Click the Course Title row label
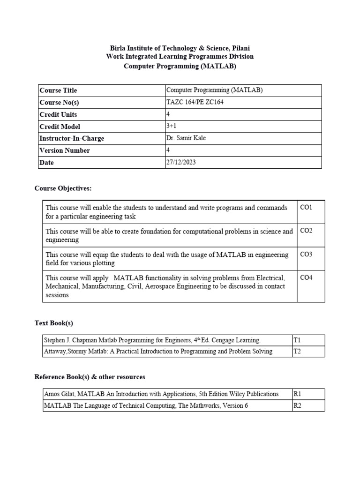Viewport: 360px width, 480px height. pyautogui.click(x=58, y=90)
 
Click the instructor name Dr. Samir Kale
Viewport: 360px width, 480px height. pyautogui.click(x=186, y=138)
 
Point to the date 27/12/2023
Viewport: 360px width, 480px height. pyautogui.click(x=182, y=163)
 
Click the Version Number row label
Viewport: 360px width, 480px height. pyautogui.click(x=65, y=150)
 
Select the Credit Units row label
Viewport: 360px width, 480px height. pyautogui.click(x=59, y=114)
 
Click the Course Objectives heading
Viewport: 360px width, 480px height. pyautogui.click(x=63, y=188)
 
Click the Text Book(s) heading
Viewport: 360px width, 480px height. pyautogui.click(x=54, y=323)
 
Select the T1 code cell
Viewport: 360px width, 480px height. pyautogui.click(x=297, y=340)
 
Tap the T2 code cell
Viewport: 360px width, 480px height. pyautogui.click(x=297, y=351)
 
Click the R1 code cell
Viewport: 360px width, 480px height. pyautogui.click(x=297, y=394)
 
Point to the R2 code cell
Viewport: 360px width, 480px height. pyautogui.click(x=297, y=405)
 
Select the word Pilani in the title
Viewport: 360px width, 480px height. pyautogui.click(x=240, y=48)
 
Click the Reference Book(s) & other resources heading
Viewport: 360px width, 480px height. pyautogui.click(x=90, y=377)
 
